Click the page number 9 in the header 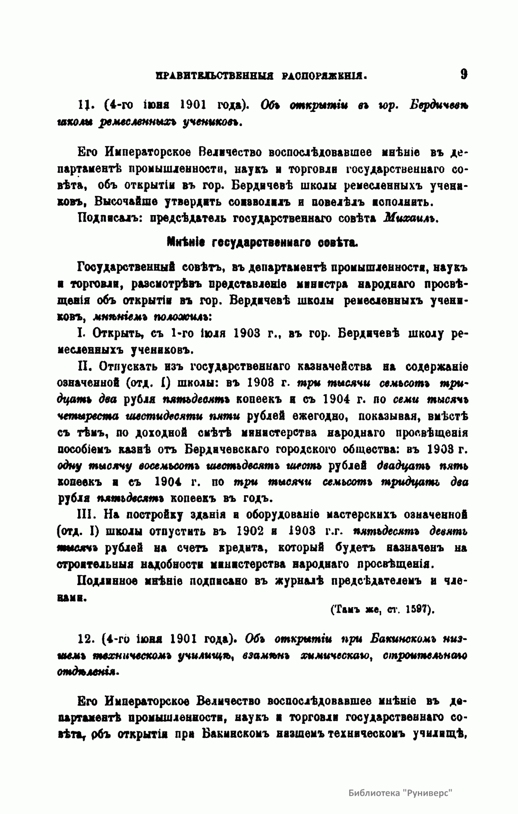463,74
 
